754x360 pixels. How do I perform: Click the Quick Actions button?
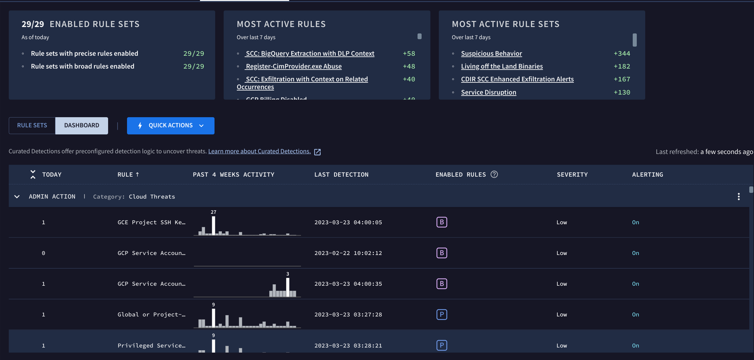tap(171, 126)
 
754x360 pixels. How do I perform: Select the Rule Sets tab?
tap(32, 126)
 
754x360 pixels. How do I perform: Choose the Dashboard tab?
tap(82, 126)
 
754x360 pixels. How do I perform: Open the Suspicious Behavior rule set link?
tap(491, 53)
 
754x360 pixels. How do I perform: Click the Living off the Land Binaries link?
tap(502, 66)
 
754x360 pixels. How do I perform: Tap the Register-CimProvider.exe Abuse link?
tap(293, 66)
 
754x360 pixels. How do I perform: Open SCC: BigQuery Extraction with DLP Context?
tap(310, 53)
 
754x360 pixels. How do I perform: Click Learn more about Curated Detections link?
tap(259, 151)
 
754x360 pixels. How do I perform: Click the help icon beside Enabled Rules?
tap(494, 174)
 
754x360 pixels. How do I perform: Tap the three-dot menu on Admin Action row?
tap(739, 197)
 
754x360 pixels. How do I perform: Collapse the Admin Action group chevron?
tap(17, 197)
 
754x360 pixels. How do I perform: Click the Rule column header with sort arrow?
tap(128, 175)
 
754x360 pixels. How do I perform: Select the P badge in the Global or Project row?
tap(442, 314)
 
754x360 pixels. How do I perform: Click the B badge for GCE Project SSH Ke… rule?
tap(442, 222)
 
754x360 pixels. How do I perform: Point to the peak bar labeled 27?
tap(213, 226)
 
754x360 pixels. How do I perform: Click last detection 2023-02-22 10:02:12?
tap(348, 253)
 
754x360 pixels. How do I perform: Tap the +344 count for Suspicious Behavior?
tap(622, 53)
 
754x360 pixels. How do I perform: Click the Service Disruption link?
tap(488, 92)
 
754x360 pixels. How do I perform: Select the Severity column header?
tap(572, 175)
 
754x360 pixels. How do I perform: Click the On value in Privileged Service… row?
tap(635, 345)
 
